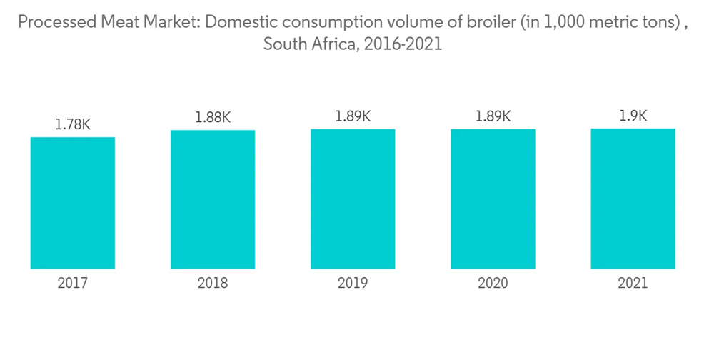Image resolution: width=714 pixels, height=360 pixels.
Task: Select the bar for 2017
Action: pos(73,203)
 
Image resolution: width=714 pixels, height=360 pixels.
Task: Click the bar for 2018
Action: pos(213,199)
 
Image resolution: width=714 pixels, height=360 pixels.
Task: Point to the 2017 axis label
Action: pos(73,284)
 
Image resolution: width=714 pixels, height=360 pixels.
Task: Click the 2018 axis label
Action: pos(213,284)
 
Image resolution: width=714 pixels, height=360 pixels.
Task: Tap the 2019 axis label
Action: pos(353,284)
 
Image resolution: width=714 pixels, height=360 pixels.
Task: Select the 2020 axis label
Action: pos(493,284)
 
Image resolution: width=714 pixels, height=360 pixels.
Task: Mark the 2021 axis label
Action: pos(633,284)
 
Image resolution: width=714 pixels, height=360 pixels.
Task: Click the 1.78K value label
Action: pos(73,124)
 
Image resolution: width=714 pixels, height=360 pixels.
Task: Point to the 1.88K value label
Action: pos(213,117)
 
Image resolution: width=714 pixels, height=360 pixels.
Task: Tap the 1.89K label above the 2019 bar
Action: pos(353,116)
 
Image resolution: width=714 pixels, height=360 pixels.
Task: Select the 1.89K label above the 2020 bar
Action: pos(493,116)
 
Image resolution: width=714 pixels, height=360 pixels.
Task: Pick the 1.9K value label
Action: pos(633,116)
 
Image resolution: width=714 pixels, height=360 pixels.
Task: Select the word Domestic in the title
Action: pos(243,22)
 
